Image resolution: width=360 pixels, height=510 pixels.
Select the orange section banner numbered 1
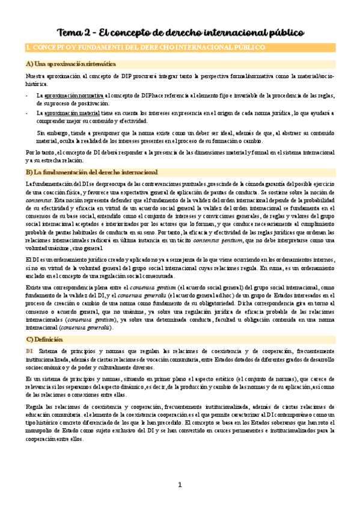180,47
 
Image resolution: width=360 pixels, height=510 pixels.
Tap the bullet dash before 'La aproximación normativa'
27,95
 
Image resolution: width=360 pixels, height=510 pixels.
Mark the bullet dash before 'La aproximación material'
27,112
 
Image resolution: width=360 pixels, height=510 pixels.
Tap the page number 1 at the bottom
180,485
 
